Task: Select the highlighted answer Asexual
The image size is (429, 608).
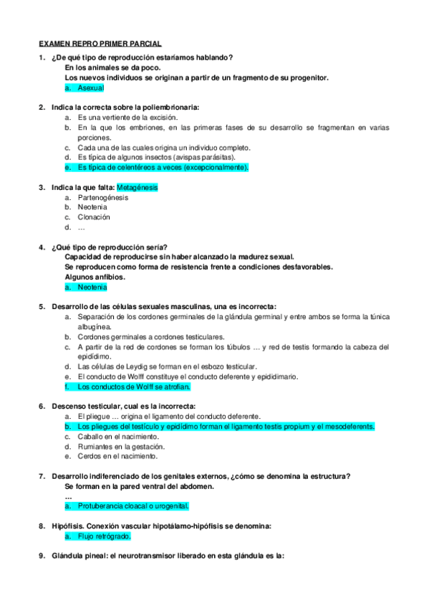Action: (x=91, y=87)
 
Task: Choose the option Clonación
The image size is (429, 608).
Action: (x=94, y=217)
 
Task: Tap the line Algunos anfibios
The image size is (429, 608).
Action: (x=95, y=277)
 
